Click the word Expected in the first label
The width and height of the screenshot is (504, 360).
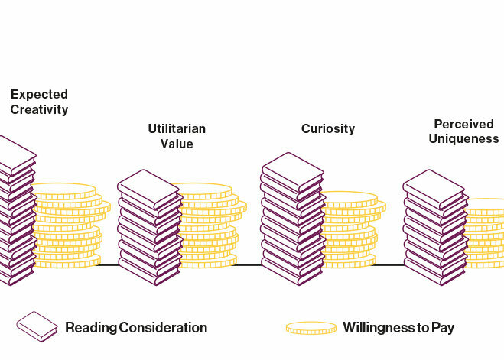[39, 95]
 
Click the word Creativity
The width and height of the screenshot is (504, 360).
[39, 110]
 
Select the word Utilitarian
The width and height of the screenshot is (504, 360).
[177, 128]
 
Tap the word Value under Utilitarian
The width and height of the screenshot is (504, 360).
[177, 144]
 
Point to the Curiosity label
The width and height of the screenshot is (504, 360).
[328, 128]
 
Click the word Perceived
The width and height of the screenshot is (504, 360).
[463, 124]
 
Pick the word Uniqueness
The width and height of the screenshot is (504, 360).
[463, 139]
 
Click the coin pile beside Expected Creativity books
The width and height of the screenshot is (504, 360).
[69, 225]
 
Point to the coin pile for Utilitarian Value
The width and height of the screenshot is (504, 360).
[206, 226]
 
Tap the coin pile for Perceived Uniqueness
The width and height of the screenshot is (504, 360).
[486, 233]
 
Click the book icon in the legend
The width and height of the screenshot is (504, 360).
[37, 326]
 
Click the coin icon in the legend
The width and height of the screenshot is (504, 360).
[311, 328]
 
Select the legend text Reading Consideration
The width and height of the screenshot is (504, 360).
[136, 328]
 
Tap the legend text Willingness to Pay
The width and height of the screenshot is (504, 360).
[398, 328]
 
